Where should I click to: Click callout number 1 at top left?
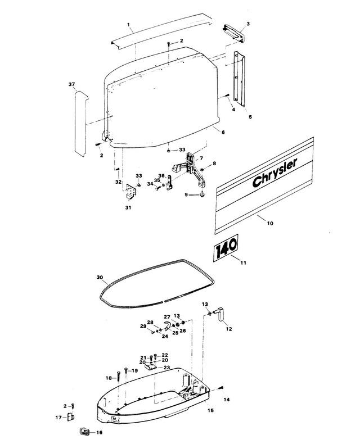click(129, 25)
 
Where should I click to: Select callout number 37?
click(71, 84)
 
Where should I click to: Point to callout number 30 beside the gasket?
click(100, 278)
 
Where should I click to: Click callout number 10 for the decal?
click(269, 224)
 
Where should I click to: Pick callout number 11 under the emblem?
click(243, 262)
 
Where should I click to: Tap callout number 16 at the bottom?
click(100, 433)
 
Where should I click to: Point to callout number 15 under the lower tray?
click(211, 411)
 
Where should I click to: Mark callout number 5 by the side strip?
click(250, 118)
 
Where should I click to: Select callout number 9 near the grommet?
click(186, 194)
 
